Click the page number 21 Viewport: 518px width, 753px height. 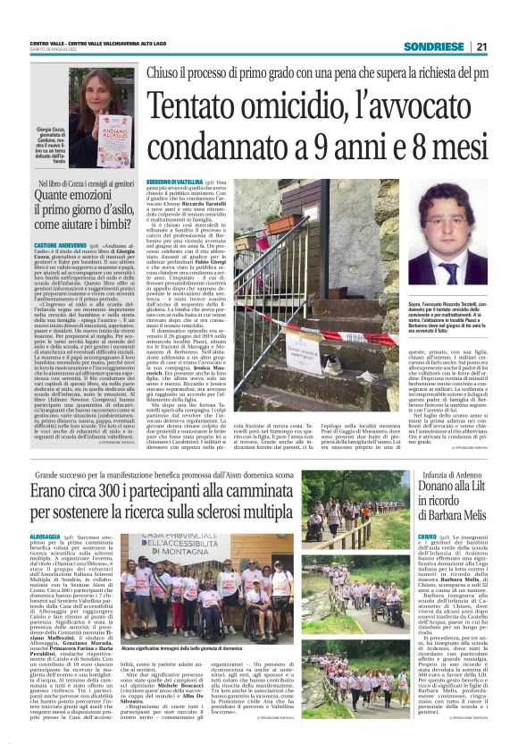(x=482, y=47)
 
